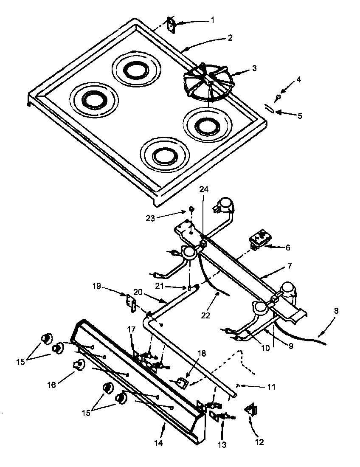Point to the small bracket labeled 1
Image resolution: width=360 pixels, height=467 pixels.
point(172,25)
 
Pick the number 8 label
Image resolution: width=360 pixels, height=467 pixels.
point(336,310)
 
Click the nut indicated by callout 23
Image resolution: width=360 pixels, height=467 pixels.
point(191,209)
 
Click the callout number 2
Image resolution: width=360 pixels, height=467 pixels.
point(230,38)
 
